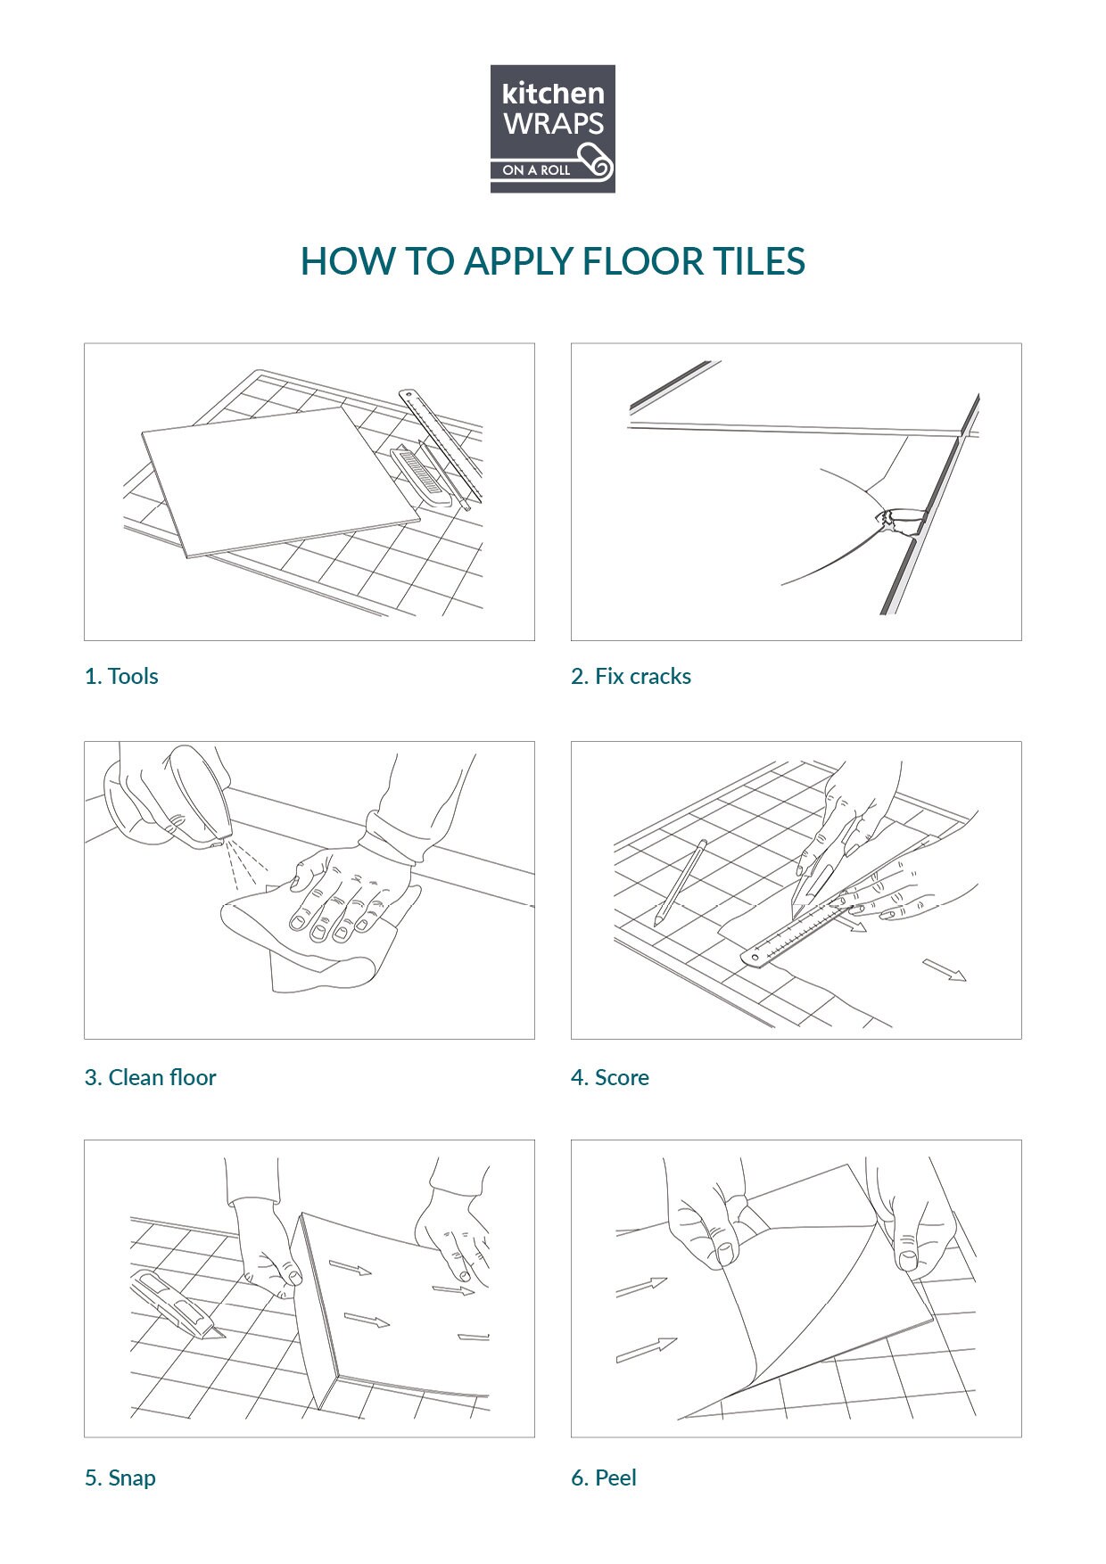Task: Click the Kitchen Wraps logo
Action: [x=552, y=128]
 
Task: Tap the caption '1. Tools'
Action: [x=121, y=676]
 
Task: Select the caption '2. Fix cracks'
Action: [x=631, y=676]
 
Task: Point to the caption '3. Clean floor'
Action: [x=150, y=1077]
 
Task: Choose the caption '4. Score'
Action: [x=610, y=1077]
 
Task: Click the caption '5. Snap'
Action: [x=120, y=1478]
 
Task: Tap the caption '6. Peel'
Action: [x=604, y=1478]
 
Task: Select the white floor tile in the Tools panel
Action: [x=281, y=482]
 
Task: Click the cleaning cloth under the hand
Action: [x=321, y=936]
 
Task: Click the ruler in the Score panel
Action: [x=796, y=930]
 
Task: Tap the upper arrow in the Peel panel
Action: [x=641, y=1287]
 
